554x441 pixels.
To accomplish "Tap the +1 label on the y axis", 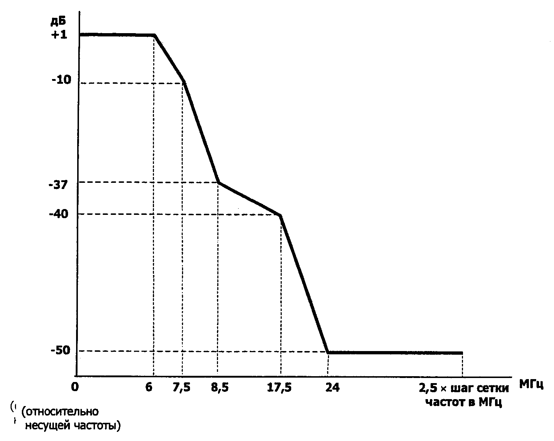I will pos(59,35).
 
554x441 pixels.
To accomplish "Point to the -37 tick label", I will pos(58,185).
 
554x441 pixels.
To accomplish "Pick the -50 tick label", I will pos(59,351).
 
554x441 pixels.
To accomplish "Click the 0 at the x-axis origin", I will pos(75,387).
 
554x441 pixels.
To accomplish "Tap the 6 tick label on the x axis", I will pos(149,387).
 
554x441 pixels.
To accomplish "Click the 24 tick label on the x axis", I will pos(332,387).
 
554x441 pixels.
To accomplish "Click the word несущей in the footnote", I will pos(48,425).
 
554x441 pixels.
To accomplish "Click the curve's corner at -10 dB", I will pos(184,82).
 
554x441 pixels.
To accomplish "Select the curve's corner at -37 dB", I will pos(218,182).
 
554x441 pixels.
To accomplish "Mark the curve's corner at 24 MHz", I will pos(328,353).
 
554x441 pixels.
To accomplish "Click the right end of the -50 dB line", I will pos(462,353).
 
